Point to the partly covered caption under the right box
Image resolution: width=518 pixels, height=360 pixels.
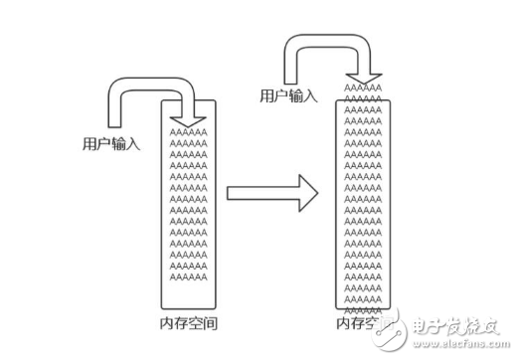click(x=356, y=323)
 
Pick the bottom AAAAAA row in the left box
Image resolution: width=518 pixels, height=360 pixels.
click(x=189, y=278)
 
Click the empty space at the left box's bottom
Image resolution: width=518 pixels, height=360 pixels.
click(x=189, y=295)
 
